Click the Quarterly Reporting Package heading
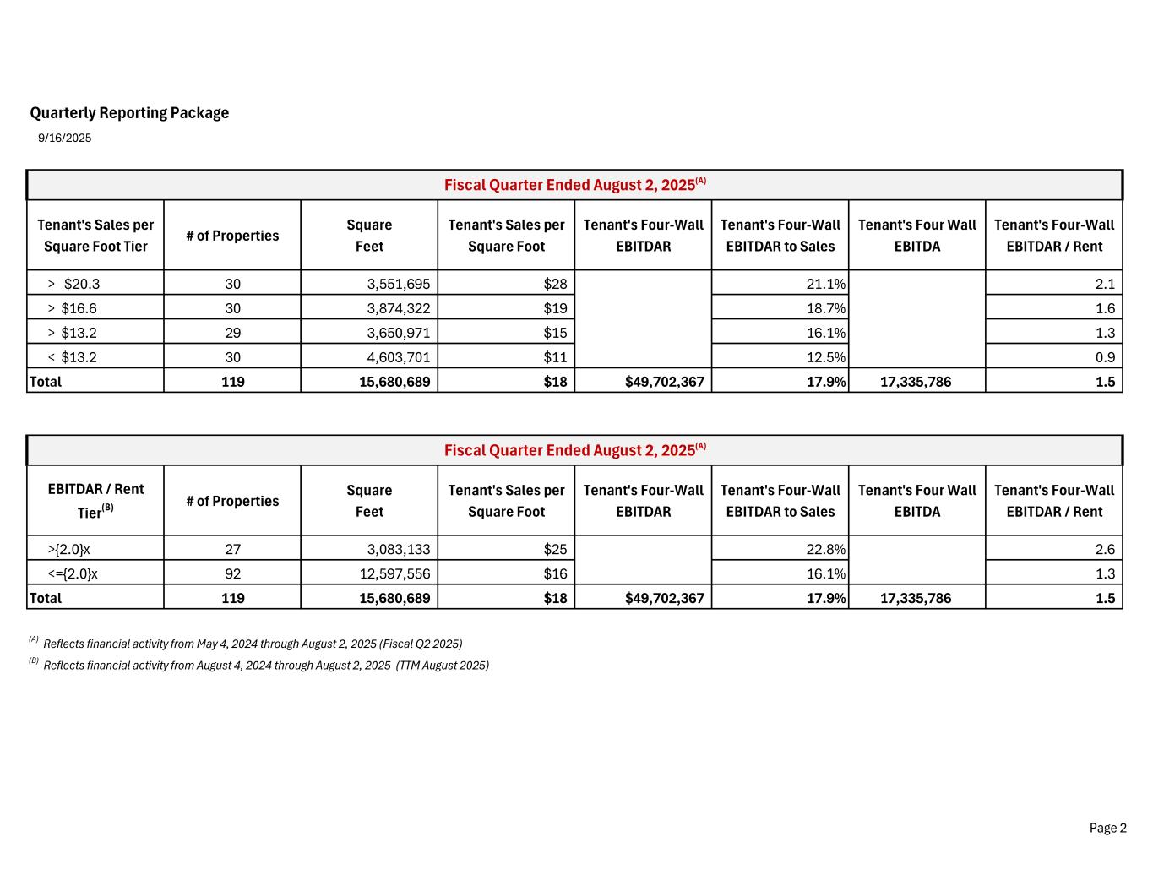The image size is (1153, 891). point(129,113)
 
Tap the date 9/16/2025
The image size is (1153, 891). point(65,138)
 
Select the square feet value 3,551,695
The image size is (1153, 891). point(398,284)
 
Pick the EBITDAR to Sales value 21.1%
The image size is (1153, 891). point(825,284)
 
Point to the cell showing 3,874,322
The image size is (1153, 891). point(398,308)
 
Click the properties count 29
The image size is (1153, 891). point(232,333)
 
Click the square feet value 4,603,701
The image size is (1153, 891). point(398,357)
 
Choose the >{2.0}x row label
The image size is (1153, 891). point(69,549)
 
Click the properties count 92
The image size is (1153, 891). point(232,573)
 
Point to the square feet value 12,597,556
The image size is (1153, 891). point(394,573)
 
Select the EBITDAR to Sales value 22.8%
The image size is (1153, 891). point(825,549)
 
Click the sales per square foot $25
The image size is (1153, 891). point(555,549)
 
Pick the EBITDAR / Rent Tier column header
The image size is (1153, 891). point(95,501)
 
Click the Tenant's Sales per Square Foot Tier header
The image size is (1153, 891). point(95,236)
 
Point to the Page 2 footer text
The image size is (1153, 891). point(1107,828)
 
